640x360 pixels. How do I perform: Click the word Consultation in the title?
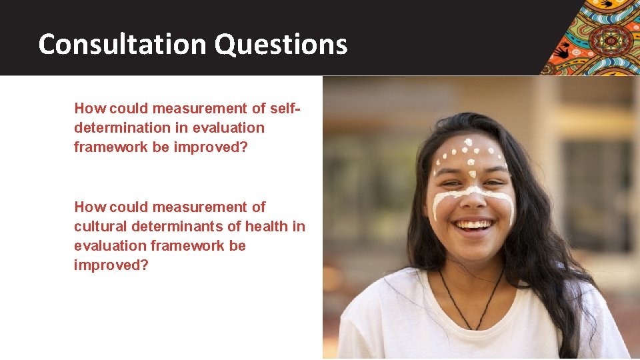123,45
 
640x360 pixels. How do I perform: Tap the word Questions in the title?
281,45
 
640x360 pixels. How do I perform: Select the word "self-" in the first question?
286,108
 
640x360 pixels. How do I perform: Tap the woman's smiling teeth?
474,225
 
